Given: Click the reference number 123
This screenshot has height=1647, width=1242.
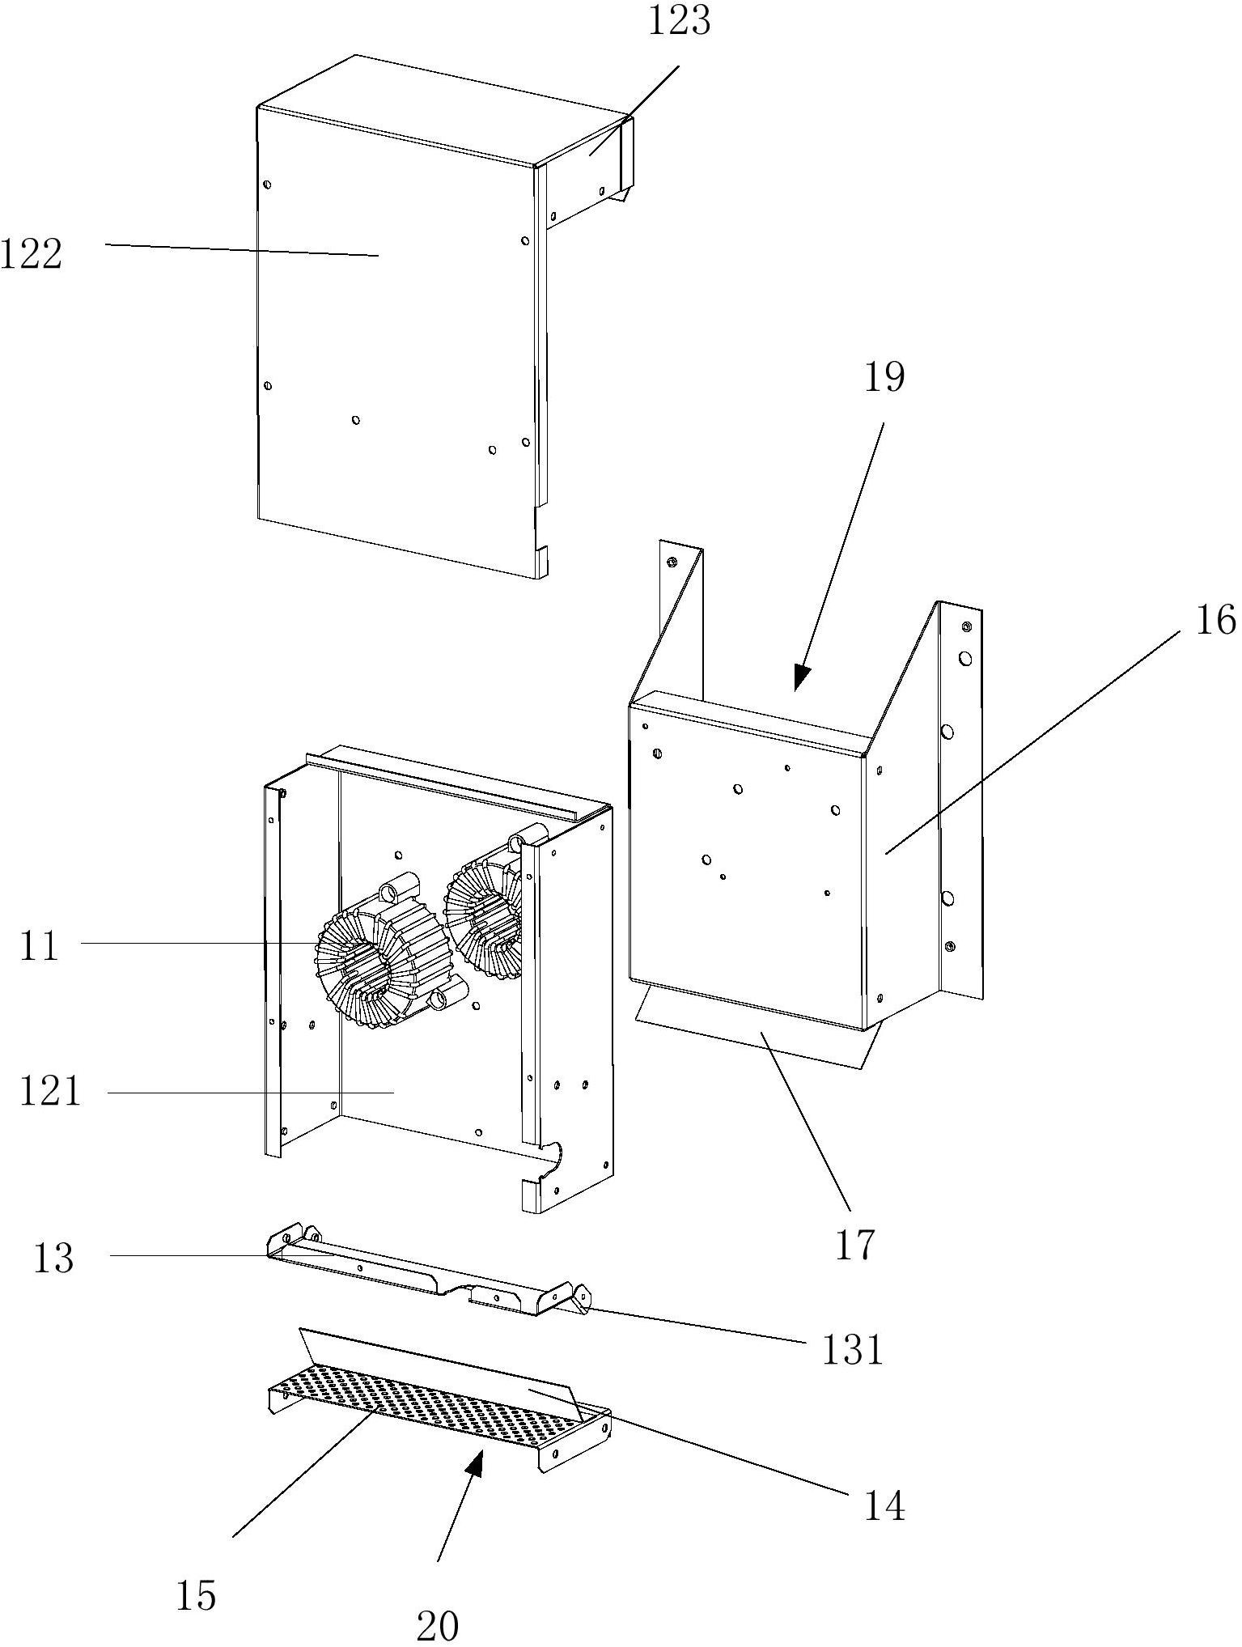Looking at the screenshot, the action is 679,20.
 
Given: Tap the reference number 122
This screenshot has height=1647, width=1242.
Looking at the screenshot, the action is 31,255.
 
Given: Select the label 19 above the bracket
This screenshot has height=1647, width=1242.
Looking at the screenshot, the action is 884,377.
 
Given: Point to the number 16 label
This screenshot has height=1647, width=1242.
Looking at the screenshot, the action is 1216,620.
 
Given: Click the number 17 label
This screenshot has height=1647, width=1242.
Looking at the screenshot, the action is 855,1245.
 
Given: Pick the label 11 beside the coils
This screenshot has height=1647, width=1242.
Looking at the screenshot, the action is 40,945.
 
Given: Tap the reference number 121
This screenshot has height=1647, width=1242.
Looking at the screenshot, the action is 50,1092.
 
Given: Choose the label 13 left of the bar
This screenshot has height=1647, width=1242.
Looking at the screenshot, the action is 53,1259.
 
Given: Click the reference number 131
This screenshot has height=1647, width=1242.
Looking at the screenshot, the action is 851,1349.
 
